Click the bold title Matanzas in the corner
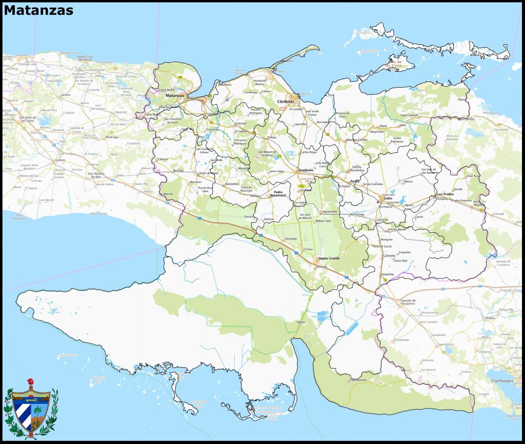pos(38,10)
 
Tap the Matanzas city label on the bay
pos(174,95)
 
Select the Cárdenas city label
pos(286,102)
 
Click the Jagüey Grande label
pos(329,258)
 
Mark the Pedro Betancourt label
pos(279,194)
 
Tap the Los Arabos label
pos(445,194)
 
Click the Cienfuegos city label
pos(501,381)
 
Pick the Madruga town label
pos(111,137)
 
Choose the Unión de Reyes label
pos(208,173)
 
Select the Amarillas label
pos(388,274)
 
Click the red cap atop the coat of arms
pos(30,382)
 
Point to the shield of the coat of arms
pos(31,410)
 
